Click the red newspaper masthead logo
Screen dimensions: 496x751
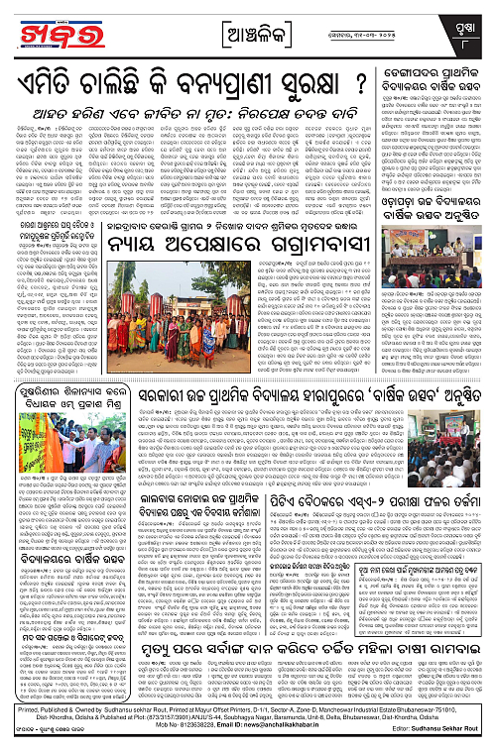click(56, 29)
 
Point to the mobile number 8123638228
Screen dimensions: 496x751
click(199, 739)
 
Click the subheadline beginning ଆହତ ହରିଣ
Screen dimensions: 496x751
click(188, 109)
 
